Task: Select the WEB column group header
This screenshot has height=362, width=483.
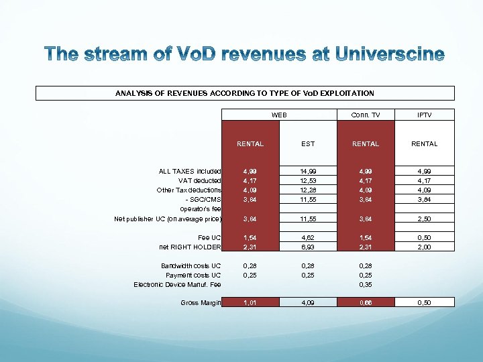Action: pyautogui.click(x=279, y=115)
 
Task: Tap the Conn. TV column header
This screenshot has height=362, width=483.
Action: pyautogui.click(x=366, y=115)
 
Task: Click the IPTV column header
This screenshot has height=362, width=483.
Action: pyautogui.click(x=425, y=115)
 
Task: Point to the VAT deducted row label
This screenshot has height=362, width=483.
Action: pyautogui.click(x=199, y=180)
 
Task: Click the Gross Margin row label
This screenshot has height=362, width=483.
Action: pyautogui.click(x=201, y=302)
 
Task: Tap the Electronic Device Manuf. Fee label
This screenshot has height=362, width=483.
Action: pyautogui.click(x=178, y=284)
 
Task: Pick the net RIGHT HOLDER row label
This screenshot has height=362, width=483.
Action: pyautogui.click(x=191, y=247)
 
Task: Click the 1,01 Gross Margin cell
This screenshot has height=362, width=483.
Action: pyautogui.click(x=250, y=302)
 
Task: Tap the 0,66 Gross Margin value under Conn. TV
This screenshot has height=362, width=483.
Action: pyautogui.click(x=366, y=302)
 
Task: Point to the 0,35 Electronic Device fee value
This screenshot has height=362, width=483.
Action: pyautogui.click(x=366, y=284)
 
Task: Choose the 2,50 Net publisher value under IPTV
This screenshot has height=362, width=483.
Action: pyautogui.click(x=425, y=219)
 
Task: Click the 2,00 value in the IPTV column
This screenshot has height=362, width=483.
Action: pyautogui.click(x=425, y=247)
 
